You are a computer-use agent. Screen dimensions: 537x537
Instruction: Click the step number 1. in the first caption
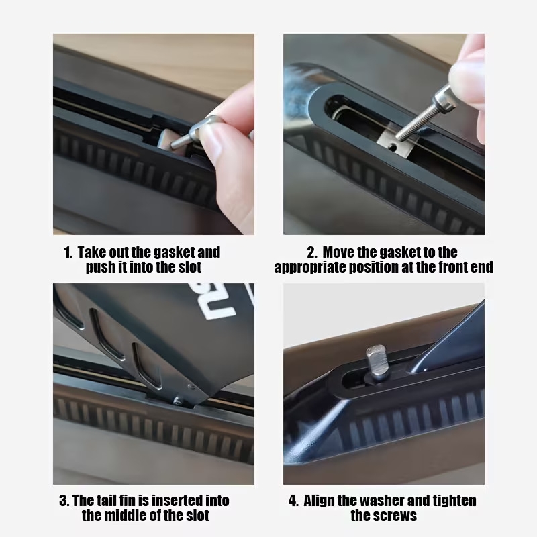point(68,253)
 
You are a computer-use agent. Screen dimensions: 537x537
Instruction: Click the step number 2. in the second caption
point(312,253)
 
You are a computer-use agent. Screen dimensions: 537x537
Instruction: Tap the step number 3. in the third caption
point(64,501)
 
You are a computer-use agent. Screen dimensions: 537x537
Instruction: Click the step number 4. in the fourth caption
point(293,501)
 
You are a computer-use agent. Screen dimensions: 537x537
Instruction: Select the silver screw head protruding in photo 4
point(376,362)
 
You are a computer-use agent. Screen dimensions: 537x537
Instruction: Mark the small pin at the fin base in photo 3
point(177,401)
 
